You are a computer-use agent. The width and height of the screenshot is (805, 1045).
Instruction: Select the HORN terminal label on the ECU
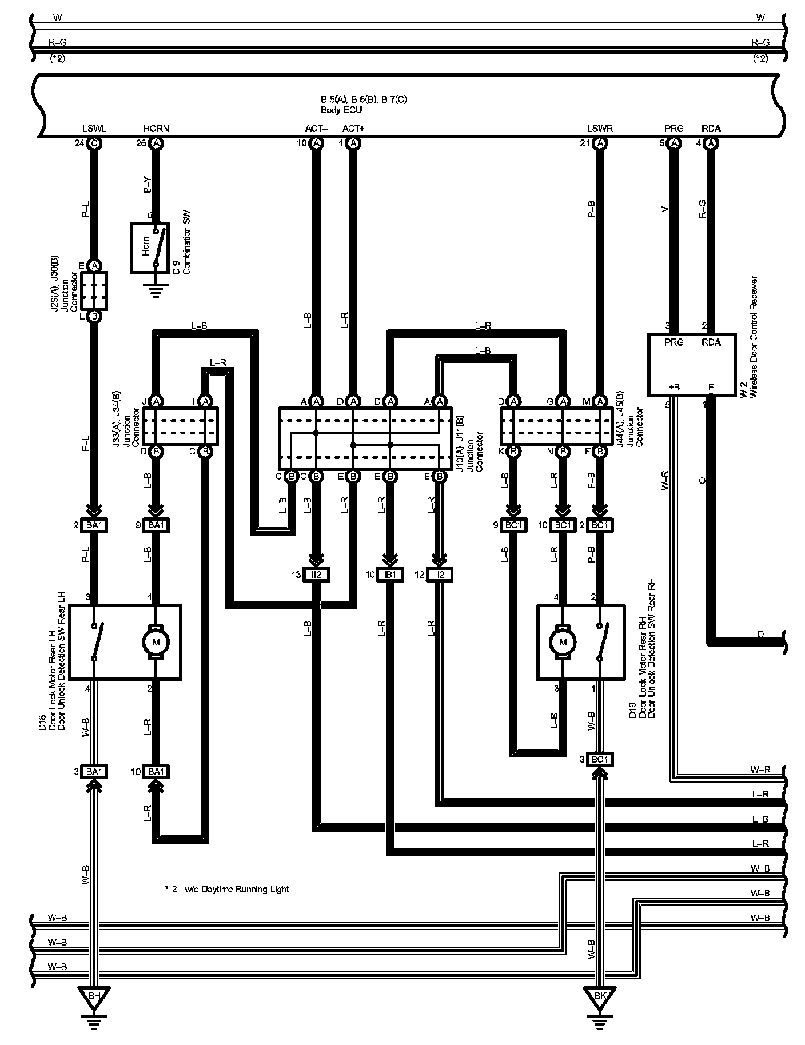pos(156,129)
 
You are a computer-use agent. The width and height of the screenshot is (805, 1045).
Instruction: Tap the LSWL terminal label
pos(94,129)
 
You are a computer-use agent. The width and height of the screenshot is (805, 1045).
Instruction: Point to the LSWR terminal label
pos(600,129)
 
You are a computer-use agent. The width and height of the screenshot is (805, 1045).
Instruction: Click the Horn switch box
pos(149,247)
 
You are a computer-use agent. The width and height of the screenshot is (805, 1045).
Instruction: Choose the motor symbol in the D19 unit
pos(563,642)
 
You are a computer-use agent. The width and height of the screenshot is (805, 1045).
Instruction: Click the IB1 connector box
pos(390,575)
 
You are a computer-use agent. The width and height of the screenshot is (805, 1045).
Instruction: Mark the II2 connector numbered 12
pos(440,575)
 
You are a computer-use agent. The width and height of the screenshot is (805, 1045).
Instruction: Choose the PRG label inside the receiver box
pos(675,342)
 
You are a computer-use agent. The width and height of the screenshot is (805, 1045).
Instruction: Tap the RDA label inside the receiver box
pos(711,342)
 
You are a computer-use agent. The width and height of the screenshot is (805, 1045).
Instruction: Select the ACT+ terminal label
pos(353,129)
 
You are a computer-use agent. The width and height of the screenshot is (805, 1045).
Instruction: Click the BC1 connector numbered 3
pos(599,759)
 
